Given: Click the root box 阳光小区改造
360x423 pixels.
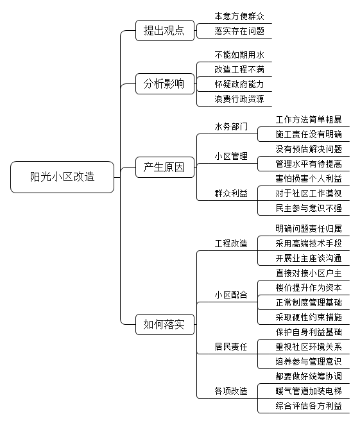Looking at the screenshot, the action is pyautogui.click(x=62, y=177).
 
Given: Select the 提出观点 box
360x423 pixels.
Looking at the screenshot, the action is pyautogui.click(x=165, y=30).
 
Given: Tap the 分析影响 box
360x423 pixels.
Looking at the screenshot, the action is pyautogui.click(x=165, y=83).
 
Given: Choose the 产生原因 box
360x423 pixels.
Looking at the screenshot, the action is pyautogui.click(x=165, y=168).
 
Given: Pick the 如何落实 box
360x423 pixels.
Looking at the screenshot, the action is pyautogui.click(x=165, y=324).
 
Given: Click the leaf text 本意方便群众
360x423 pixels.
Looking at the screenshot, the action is pyautogui.click(x=239, y=16).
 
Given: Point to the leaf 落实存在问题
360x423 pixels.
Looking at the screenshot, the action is pyautogui.click(x=239, y=31).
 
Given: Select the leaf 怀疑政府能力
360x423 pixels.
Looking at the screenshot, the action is pyautogui.click(x=239, y=85).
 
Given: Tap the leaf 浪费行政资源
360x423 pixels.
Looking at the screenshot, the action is pyautogui.click(x=239, y=99).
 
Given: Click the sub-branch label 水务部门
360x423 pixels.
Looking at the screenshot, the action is pyautogui.click(x=231, y=126).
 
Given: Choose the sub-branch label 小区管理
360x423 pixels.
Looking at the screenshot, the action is pyautogui.click(x=231, y=156).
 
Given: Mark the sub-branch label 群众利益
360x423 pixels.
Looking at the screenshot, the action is pyautogui.click(x=231, y=193).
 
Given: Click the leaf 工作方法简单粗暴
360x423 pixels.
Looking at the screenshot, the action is pyautogui.click(x=309, y=119).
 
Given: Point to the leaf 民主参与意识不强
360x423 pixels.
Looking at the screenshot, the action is pyautogui.click(x=309, y=208).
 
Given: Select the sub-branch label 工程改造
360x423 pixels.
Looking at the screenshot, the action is pyautogui.click(x=231, y=243).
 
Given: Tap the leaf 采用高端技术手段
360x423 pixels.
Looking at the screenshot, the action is pyautogui.click(x=309, y=243).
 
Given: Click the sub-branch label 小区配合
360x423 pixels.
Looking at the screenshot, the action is pyautogui.click(x=231, y=295).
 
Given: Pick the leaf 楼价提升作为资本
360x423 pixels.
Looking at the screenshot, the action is pyautogui.click(x=309, y=288).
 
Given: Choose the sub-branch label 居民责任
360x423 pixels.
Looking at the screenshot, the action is pyautogui.click(x=231, y=347).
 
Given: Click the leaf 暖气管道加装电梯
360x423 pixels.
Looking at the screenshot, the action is pyautogui.click(x=309, y=391).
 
